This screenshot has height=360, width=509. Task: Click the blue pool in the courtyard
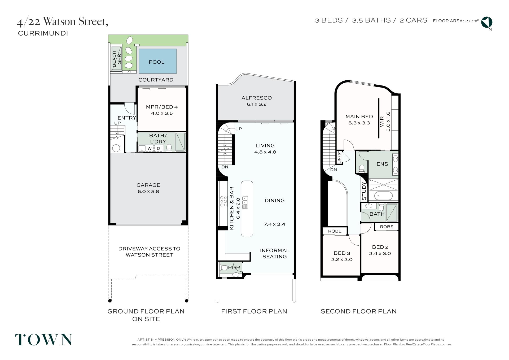(158, 61)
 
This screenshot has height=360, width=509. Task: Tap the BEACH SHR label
(117, 59)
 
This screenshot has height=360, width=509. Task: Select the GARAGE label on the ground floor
(148, 185)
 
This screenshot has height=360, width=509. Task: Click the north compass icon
(487, 22)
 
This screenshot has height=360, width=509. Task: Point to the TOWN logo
(43, 340)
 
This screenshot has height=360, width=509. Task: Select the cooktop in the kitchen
(223, 201)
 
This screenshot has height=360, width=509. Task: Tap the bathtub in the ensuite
(384, 196)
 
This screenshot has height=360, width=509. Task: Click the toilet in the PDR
(224, 268)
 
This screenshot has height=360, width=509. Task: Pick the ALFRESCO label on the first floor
(257, 98)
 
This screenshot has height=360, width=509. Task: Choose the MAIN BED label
(359, 116)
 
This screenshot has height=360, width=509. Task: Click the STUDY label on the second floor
(364, 191)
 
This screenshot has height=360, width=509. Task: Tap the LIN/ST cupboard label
(339, 158)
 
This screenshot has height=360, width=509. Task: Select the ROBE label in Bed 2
(387, 227)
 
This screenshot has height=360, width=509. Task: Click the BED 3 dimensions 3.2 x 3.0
(342, 259)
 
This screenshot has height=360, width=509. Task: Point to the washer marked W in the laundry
(150, 149)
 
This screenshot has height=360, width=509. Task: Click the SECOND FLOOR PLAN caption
(358, 311)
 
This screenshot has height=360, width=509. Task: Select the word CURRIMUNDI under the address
(43, 33)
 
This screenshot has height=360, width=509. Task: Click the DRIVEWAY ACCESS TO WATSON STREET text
(149, 252)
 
